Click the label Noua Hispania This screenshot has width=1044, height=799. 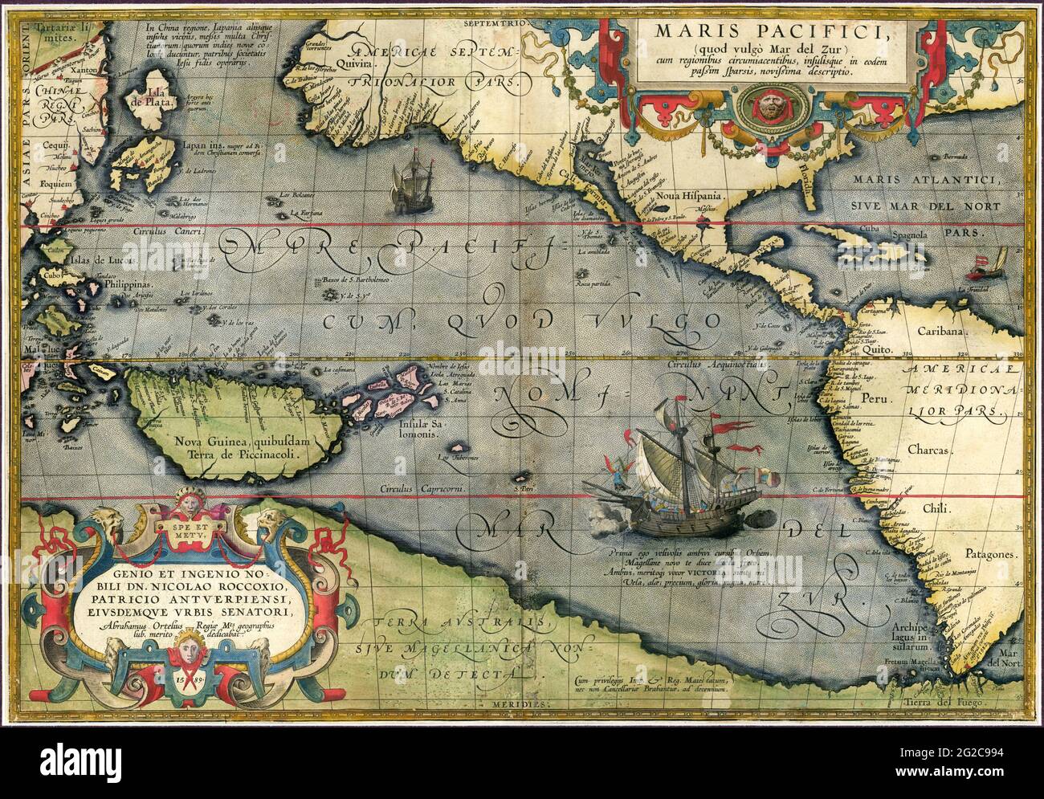coord(679,194)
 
